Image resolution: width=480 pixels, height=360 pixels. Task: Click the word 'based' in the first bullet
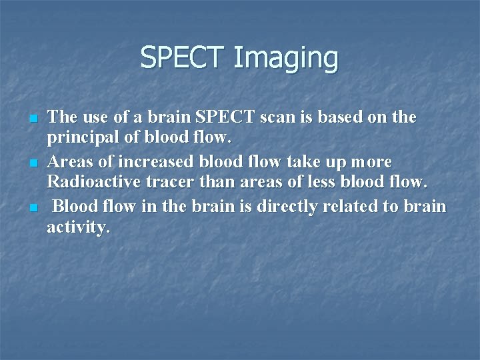pos(339,117)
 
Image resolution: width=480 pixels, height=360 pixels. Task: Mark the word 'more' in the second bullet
pos(370,162)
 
